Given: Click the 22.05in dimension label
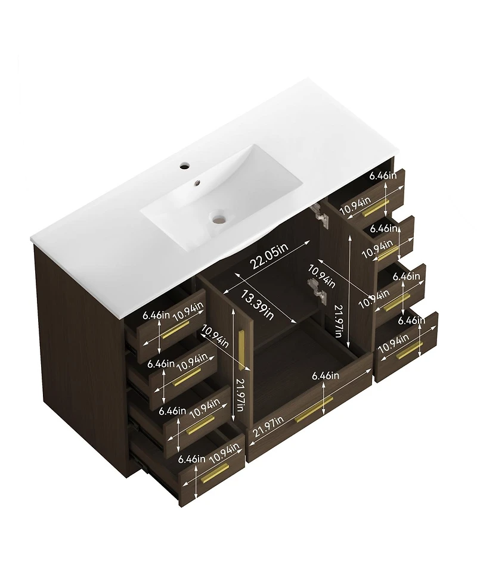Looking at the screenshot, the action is tap(269, 256).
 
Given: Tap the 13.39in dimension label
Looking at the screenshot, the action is tap(258, 304).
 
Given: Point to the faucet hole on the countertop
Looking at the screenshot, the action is tap(184, 166).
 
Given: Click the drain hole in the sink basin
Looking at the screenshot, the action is tap(218, 219).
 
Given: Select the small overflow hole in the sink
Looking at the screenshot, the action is tap(197, 182).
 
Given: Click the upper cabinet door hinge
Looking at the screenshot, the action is tap(321, 214).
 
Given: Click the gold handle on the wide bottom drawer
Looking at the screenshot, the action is tap(314, 409).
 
